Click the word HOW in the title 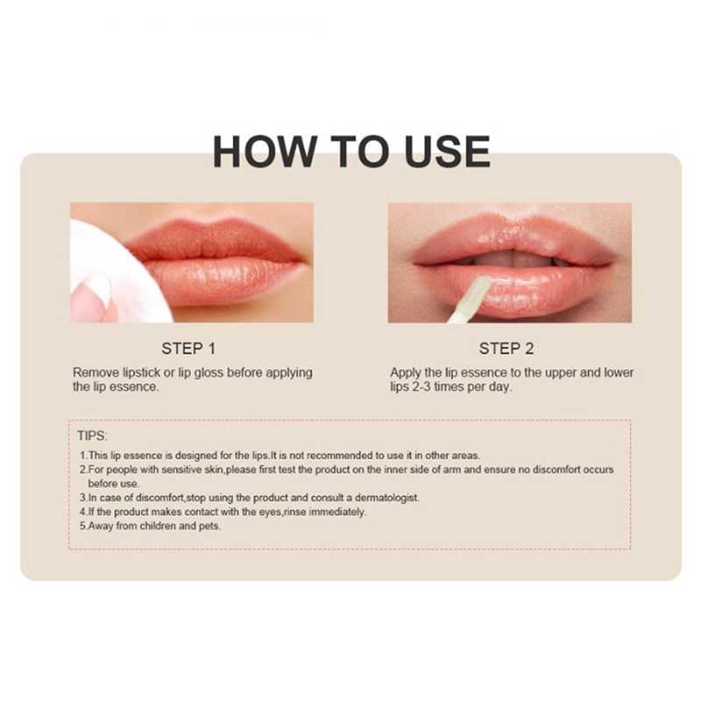click(x=266, y=152)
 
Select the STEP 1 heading click(x=188, y=349)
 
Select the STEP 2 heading click(x=506, y=349)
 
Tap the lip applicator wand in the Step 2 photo click(x=468, y=300)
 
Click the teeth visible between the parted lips click(x=514, y=258)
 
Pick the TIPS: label click(x=93, y=435)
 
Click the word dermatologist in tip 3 click(x=387, y=498)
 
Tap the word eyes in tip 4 click(x=271, y=513)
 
